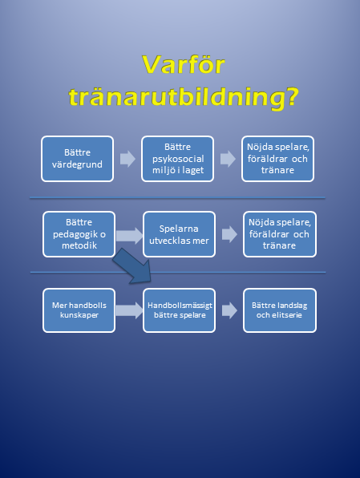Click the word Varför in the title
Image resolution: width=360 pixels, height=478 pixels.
[184, 65]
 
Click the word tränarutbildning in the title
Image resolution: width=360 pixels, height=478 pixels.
[179, 97]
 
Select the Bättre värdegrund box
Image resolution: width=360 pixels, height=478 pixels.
[78, 159]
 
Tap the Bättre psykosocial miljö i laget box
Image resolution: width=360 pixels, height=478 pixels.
[178, 159]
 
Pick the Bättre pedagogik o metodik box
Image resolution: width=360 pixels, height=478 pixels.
[79, 234]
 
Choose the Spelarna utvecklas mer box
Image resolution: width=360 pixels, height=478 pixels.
[180, 234]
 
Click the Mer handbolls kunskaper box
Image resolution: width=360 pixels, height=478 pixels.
[79, 310]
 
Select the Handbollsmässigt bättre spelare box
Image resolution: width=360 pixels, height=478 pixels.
[180, 310]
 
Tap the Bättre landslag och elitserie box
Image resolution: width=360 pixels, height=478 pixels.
[280, 310]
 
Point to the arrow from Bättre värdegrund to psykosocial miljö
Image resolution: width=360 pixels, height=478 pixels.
[127, 159]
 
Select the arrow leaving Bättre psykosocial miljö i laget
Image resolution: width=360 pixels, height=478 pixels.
[228, 159]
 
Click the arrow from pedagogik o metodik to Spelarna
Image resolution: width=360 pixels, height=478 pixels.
[129, 235]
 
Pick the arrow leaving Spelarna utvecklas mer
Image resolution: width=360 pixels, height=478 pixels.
[229, 234]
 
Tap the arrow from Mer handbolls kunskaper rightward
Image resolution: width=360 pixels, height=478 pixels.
[129, 310]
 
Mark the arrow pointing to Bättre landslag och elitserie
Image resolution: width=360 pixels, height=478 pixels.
[229, 310]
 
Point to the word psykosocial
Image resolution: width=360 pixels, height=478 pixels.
[178, 159]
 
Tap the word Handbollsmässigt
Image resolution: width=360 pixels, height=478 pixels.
[180, 306]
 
